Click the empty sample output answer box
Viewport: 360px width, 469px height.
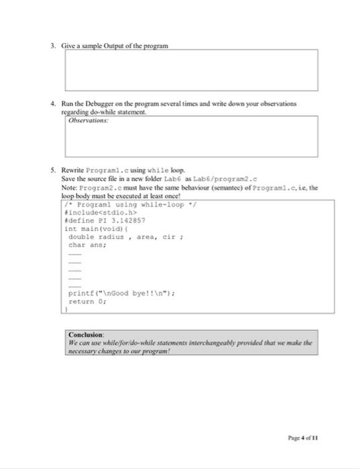(191, 70)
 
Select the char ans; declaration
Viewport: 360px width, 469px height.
(86, 245)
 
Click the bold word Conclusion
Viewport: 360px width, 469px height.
(86, 334)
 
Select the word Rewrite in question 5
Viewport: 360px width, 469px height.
(74, 171)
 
